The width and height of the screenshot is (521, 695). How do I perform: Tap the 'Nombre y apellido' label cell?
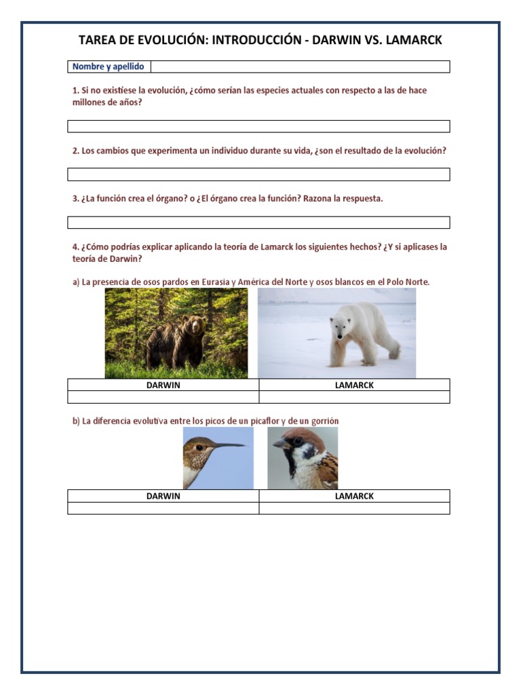point(109,67)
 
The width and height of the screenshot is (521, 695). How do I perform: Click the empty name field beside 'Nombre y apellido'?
point(300,67)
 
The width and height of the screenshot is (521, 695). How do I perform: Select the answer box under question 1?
point(258,126)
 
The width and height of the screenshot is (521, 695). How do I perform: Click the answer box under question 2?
point(258,174)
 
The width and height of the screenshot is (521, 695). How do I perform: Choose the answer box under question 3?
point(258,223)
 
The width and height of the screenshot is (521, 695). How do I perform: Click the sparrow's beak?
point(279,443)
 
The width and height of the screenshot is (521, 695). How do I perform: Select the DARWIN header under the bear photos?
point(163,385)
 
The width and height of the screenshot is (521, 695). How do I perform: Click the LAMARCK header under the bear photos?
point(354,385)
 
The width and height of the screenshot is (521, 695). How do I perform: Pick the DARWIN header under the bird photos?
point(163,496)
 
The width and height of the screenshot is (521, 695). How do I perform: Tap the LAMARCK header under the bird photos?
point(354,496)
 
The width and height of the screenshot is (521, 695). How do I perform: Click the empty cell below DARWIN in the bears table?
point(163,397)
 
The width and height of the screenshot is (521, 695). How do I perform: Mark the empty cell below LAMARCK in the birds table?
point(354,508)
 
